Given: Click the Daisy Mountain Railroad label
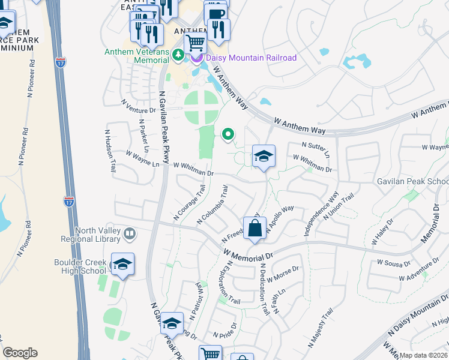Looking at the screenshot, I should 252,58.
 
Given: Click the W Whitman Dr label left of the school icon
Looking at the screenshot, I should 193,169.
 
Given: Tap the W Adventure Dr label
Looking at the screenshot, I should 419,270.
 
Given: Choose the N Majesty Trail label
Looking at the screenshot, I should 321,328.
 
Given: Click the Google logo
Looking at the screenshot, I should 20,353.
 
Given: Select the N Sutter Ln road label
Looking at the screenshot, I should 317,148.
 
